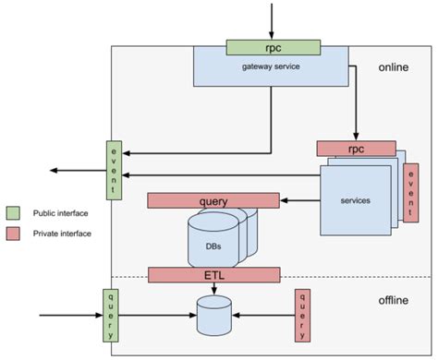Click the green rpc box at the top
pos(273,47)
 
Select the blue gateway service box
pos(269,70)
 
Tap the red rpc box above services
pos(356,148)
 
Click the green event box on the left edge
pos(115,171)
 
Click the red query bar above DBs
pos(213,200)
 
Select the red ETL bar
pos(213,274)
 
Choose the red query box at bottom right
pos(300,315)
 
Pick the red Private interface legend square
pos(13,234)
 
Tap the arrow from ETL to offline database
pos(214,289)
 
